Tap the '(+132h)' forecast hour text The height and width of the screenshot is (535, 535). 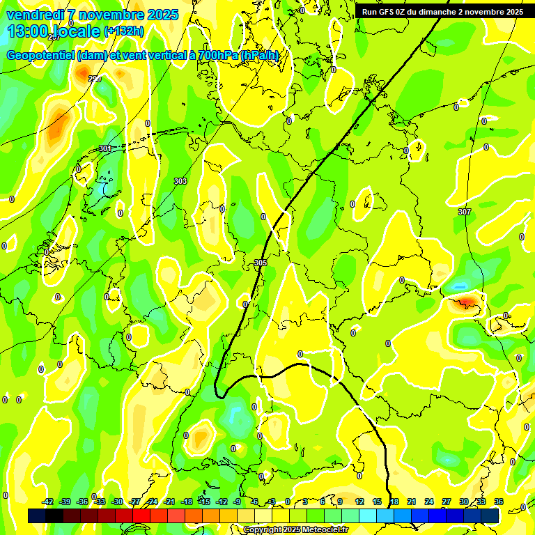(125, 31)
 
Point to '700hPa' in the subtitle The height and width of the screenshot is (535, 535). (218, 56)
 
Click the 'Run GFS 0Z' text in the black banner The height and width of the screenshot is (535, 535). (387, 12)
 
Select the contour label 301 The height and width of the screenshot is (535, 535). (105, 148)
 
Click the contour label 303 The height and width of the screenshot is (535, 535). (180, 181)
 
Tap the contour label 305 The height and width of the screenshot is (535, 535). (261, 263)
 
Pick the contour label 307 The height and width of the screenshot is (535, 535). (465, 212)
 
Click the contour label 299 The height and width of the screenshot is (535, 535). (95, 79)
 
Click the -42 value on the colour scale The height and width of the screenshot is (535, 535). (47, 502)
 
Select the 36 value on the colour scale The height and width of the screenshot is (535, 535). (499, 502)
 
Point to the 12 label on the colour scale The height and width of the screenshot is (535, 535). (359, 502)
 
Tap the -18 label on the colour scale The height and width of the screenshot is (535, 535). (187, 502)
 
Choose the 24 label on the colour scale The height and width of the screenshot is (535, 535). (429, 502)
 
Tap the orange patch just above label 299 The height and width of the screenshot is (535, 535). (83, 70)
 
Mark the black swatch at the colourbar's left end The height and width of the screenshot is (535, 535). (36, 515)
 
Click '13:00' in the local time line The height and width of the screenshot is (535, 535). (28, 31)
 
